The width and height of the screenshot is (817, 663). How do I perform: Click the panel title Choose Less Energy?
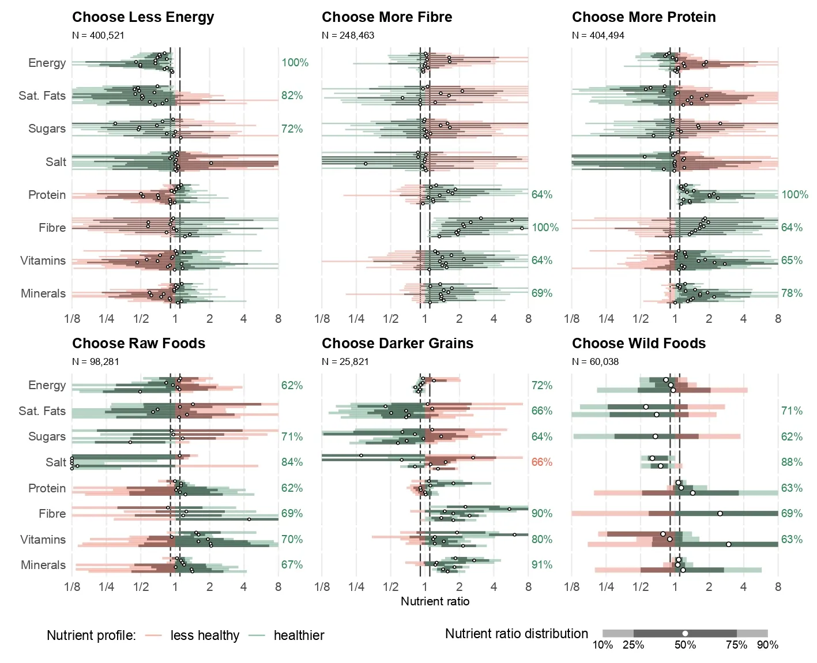point(143,17)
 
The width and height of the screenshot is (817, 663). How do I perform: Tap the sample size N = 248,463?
point(348,35)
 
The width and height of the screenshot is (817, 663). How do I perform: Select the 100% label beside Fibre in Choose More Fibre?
point(544,227)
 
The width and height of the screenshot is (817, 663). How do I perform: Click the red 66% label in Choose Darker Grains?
point(541,462)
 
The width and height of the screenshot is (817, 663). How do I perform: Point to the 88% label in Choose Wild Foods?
point(792,462)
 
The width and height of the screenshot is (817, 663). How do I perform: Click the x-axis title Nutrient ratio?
point(435,601)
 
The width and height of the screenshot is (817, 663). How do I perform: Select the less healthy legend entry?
point(204,635)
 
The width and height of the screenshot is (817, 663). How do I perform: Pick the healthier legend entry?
point(298,635)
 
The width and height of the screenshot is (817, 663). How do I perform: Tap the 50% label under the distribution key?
point(685,645)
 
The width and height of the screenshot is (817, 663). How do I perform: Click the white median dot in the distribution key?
point(685,633)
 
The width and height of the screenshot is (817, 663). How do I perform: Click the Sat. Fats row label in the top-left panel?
point(42,96)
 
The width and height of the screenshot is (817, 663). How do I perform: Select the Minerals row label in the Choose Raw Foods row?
point(43,565)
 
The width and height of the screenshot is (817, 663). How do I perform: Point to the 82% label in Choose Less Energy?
point(292,96)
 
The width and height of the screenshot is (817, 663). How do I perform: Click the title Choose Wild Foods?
point(638,344)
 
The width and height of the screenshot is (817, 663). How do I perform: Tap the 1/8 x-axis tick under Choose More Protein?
point(571,319)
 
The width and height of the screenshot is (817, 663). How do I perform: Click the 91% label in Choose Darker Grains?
point(541,564)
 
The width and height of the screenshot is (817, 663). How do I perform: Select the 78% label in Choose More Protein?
point(792,293)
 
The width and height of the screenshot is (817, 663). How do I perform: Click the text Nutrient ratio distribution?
point(516,634)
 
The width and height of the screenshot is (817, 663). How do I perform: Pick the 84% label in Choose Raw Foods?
point(292,462)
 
